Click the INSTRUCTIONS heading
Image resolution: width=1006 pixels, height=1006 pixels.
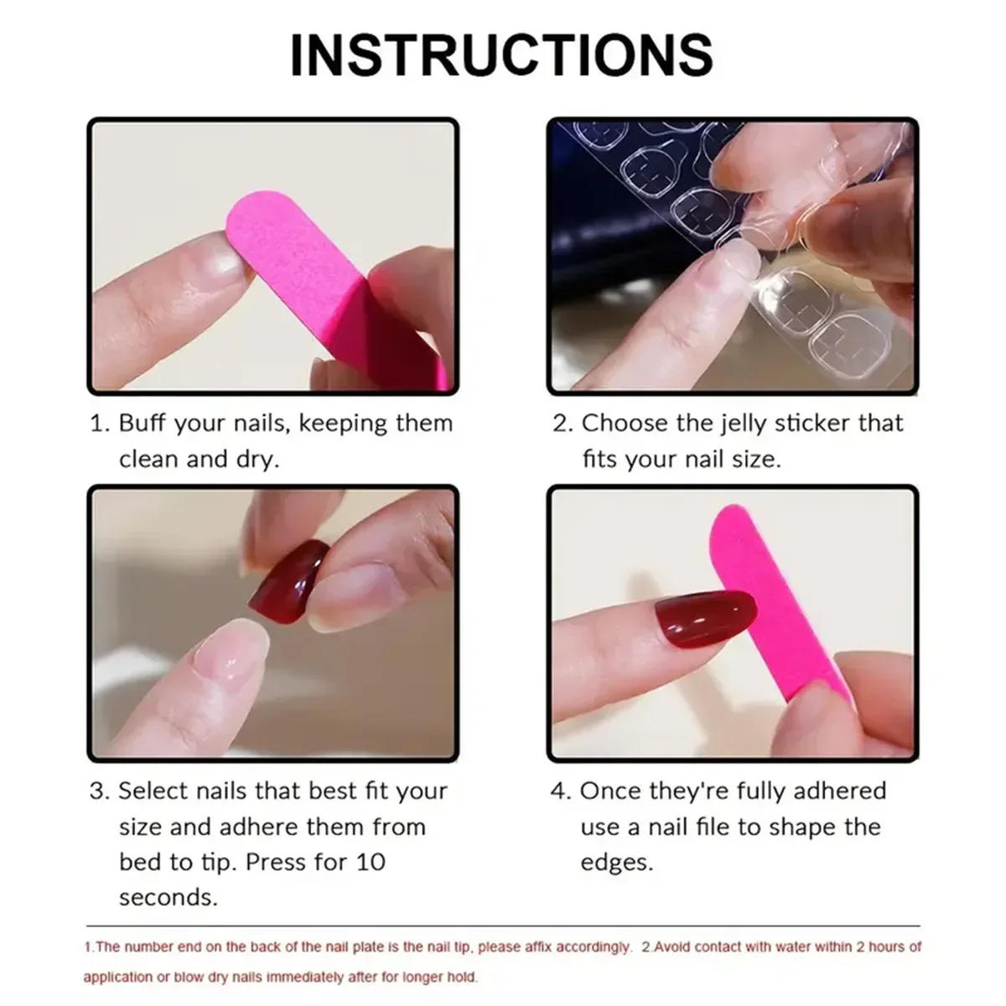click(x=501, y=54)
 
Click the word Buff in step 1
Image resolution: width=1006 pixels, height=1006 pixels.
click(x=142, y=423)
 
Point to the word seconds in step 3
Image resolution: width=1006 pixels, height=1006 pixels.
click(x=168, y=897)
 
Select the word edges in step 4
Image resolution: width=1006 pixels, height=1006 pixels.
click(x=616, y=862)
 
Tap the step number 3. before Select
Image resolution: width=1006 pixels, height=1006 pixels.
click(x=100, y=791)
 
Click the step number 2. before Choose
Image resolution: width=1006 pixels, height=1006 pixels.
click(x=562, y=423)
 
